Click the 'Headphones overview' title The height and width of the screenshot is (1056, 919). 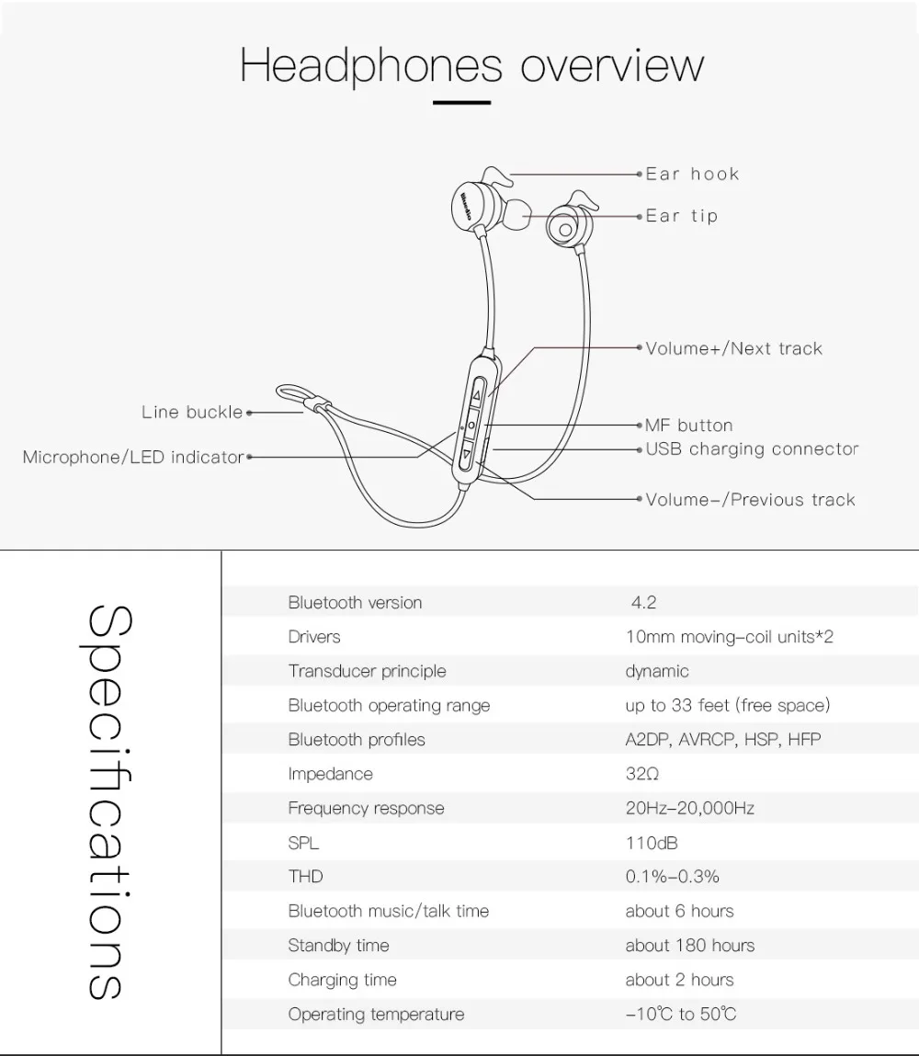pyautogui.click(x=471, y=65)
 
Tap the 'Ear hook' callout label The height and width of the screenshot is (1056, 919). pyautogui.click(x=692, y=174)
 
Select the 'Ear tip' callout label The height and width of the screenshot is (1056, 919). pyautogui.click(x=681, y=216)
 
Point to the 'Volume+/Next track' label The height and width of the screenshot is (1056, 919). pyautogui.click(x=733, y=348)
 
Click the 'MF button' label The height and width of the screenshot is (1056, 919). pyautogui.click(x=688, y=426)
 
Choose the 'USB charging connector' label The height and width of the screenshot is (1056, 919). pyautogui.click(x=751, y=449)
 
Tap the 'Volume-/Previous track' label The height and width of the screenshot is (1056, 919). pyautogui.click(x=750, y=500)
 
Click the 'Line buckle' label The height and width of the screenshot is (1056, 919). pyautogui.click(x=192, y=413)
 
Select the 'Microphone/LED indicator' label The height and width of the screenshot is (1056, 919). pyautogui.click(x=133, y=457)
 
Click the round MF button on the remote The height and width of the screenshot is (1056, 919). pyautogui.click(x=471, y=426)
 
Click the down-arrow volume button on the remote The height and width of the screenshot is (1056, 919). pyautogui.click(x=468, y=453)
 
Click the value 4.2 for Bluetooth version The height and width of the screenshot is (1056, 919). pyautogui.click(x=643, y=603)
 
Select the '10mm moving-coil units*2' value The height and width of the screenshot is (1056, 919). pyautogui.click(x=729, y=637)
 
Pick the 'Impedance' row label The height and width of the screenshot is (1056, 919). pyautogui.click(x=330, y=774)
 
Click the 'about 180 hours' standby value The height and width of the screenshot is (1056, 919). pyautogui.click(x=689, y=946)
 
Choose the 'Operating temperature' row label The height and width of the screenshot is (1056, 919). pyautogui.click(x=376, y=1015)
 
